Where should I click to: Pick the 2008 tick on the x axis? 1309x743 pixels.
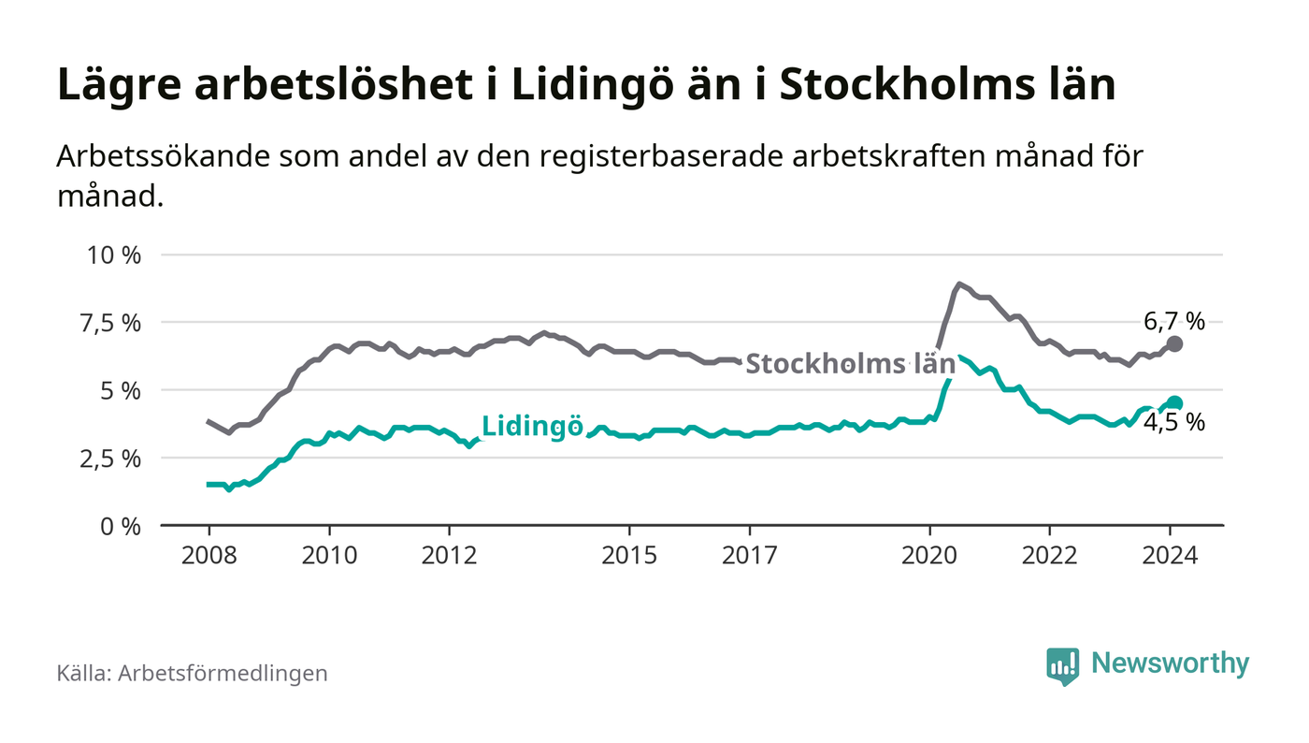[209, 555]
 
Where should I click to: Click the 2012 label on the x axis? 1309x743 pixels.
[450, 555]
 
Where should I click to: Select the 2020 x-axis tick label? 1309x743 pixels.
[929, 555]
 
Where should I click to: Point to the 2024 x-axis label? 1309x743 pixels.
[1170, 555]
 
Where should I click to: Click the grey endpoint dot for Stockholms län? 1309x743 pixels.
[1175, 344]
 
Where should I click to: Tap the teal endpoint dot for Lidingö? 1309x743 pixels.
[1175, 403]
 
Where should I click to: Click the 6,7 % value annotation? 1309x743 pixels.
[1174, 322]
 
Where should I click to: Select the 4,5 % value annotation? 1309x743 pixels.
[1174, 423]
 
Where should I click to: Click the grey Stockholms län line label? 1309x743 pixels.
[850, 364]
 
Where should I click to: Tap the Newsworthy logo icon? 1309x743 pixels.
[1062, 665]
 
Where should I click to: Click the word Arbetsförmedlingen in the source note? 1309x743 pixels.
[223, 673]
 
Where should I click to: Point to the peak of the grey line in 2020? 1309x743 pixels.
[959, 284]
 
